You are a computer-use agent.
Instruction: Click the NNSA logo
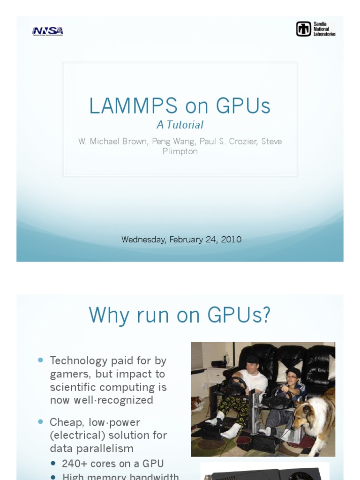click(x=47, y=31)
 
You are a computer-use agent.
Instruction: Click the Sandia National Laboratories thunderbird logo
click(x=303, y=29)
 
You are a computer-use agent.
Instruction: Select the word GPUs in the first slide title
click(x=243, y=106)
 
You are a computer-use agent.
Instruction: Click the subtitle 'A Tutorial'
click(x=180, y=125)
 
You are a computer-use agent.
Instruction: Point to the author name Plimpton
click(x=180, y=151)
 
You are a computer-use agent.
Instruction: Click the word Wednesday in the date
click(x=143, y=240)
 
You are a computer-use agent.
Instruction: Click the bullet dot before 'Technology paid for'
click(x=40, y=360)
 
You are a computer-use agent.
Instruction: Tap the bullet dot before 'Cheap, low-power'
click(x=40, y=422)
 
